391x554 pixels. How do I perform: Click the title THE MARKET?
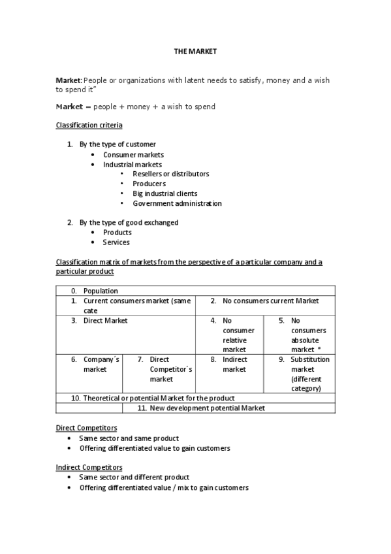(195, 51)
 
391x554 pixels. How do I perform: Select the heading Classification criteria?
(89, 125)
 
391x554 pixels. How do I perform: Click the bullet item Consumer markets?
(133, 155)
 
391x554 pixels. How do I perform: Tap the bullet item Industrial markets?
(132, 165)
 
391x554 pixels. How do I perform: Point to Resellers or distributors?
(170, 174)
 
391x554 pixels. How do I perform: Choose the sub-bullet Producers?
(149, 184)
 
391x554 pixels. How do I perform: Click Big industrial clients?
(164, 193)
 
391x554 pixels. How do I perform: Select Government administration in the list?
(177, 203)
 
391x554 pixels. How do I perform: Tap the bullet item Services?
(116, 242)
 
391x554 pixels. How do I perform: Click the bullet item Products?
(117, 233)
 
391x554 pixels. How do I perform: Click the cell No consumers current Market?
(270, 301)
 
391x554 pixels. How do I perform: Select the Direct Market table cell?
(105, 321)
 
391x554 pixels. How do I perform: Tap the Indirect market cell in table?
(234, 365)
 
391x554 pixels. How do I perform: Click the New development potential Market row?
(201, 408)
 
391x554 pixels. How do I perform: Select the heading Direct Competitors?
(86, 428)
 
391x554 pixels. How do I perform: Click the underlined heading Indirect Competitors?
(89, 467)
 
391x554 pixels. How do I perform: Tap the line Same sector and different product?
(134, 478)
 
